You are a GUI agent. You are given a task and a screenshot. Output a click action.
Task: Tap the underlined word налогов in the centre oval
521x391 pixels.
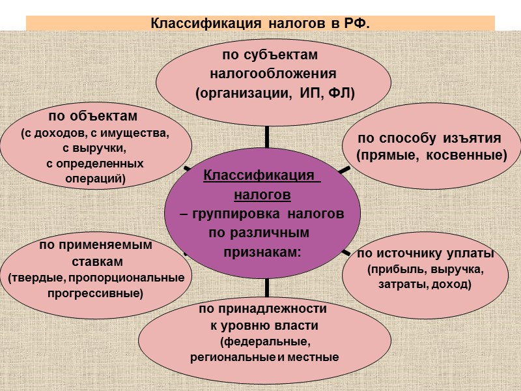[262, 194]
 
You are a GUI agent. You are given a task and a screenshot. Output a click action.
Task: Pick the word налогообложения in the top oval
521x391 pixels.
[273, 73]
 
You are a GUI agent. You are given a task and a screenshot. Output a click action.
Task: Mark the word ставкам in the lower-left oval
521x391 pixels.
[95, 261]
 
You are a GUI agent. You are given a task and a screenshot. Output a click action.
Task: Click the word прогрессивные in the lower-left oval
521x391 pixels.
[95, 293]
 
